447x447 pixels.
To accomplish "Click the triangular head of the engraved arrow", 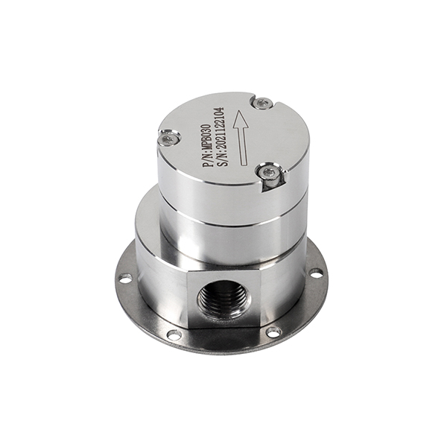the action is click(240, 119).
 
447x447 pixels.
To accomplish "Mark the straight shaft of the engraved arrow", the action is click(243, 146).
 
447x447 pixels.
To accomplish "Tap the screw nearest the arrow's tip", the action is click(262, 103).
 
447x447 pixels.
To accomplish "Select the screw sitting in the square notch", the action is click(269, 173).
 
